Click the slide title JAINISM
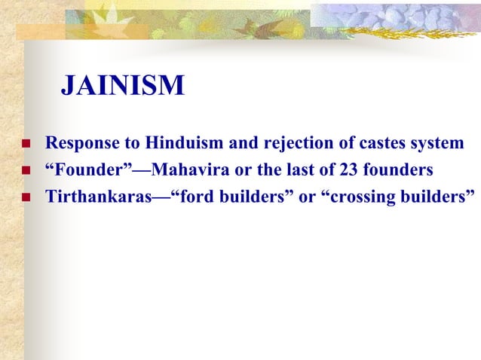pyautogui.click(x=122, y=86)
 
